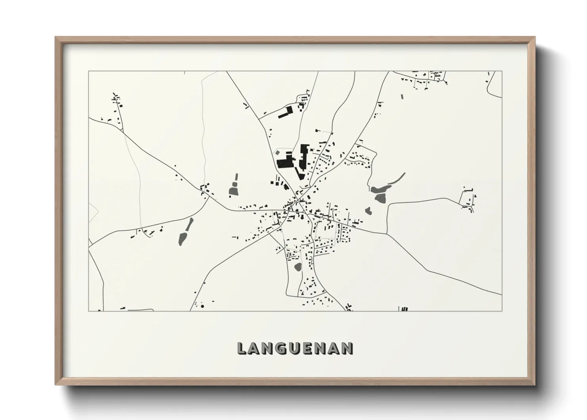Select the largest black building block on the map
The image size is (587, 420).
coord(284,163)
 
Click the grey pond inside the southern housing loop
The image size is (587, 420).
coord(297,267)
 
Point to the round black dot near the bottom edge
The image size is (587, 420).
coord(202,306)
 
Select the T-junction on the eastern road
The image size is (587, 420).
coord(387,233)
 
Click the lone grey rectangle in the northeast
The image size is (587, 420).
coord(401,96)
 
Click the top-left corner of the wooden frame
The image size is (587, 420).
coord(56,38)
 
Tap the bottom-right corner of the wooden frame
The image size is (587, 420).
coord(534,384)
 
